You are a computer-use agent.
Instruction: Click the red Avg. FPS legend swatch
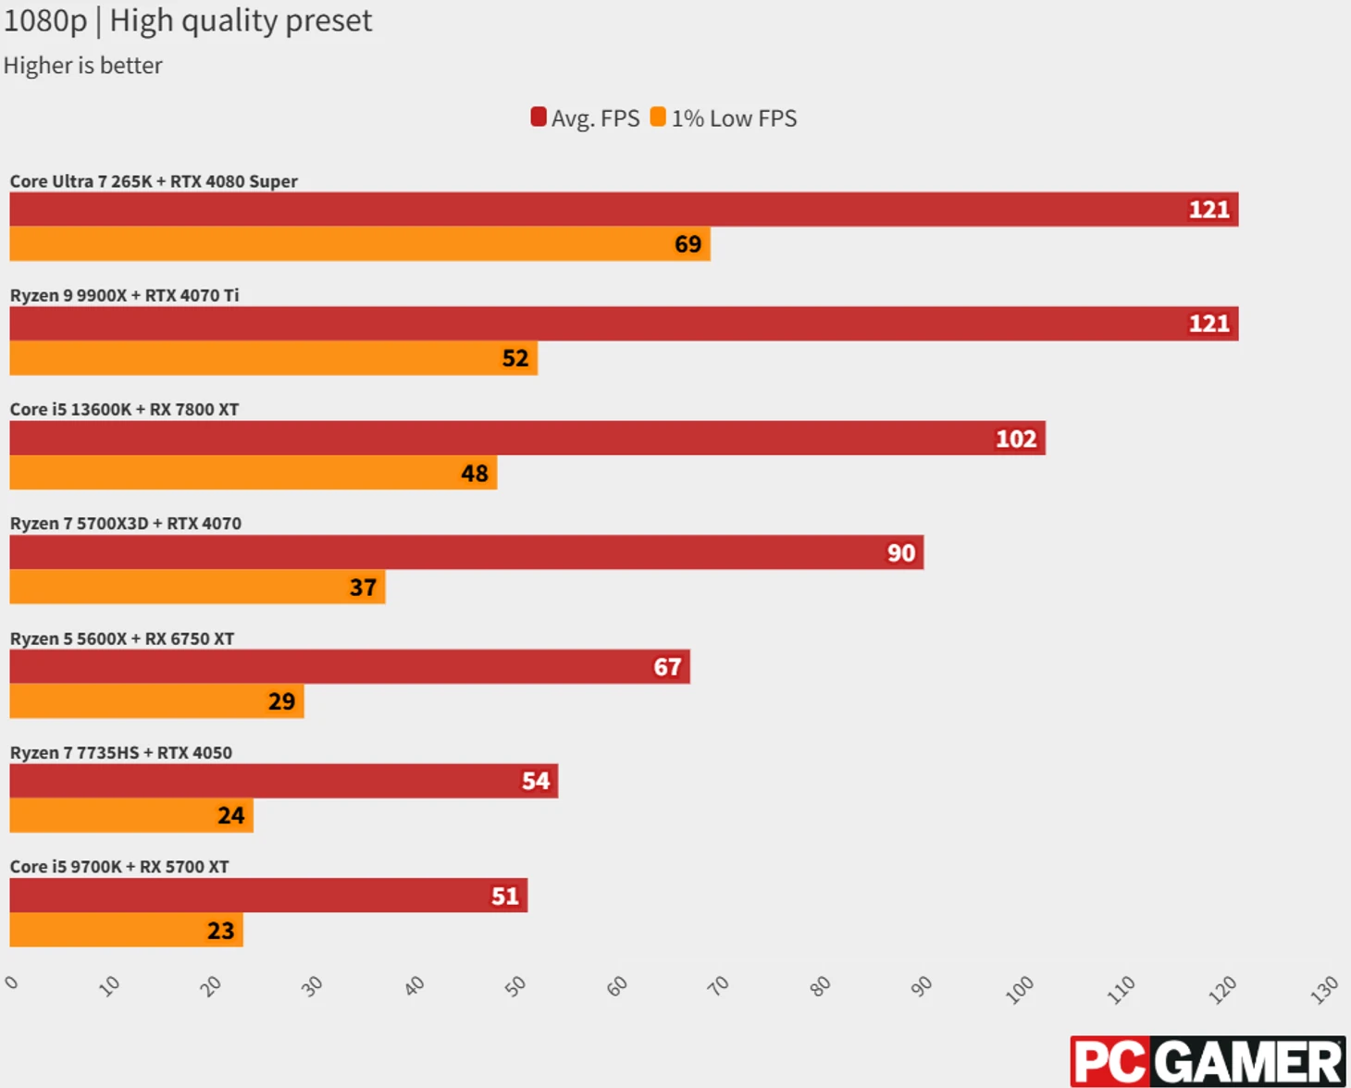tap(538, 117)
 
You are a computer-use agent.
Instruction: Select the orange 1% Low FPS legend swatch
tap(658, 117)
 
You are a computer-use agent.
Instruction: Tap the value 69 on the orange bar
tap(688, 244)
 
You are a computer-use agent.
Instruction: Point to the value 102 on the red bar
tap(1015, 439)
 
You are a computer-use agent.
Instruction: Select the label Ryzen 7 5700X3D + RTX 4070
tap(126, 524)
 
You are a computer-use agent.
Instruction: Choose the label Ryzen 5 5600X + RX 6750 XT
tap(122, 638)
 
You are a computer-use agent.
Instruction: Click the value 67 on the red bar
tap(667, 667)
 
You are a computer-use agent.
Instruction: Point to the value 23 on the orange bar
tap(220, 931)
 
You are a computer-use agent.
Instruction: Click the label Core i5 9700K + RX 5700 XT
tap(119, 867)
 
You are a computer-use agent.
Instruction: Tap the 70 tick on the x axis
tap(718, 986)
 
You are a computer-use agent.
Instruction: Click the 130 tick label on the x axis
tap(1324, 990)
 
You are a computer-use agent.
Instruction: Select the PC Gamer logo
tap(1208, 1061)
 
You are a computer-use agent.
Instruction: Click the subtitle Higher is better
tap(82, 66)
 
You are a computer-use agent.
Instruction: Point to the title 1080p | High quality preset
tap(188, 20)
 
